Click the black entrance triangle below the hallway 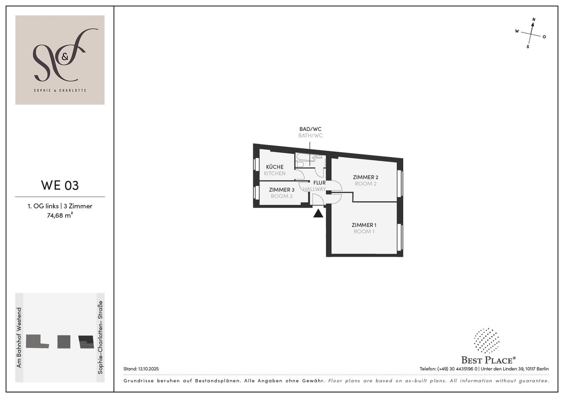[x=318, y=214]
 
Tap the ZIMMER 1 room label [x=364, y=225]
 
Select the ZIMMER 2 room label [x=366, y=177]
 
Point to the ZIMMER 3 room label [x=282, y=190]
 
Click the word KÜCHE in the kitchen [x=274, y=167]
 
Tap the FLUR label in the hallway [x=319, y=183]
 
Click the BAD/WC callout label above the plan [x=311, y=129]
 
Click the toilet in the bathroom [x=300, y=164]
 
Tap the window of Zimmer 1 [x=400, y=237]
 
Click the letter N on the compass [x=533, y=20]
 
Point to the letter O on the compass [x=544, y=37]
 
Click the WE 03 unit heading [x=60, y=185]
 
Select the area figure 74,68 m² [x=60, y=215]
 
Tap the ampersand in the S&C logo [x=65, y=57]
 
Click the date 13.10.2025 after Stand [x=149, y=369]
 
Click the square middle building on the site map [x=64, y=342]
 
